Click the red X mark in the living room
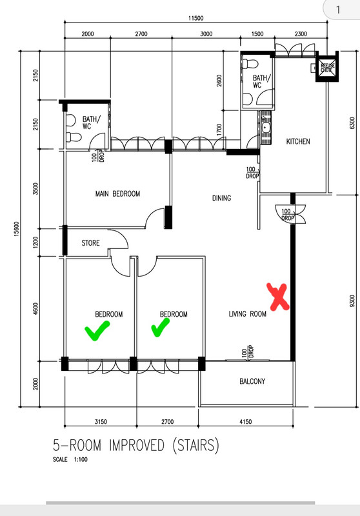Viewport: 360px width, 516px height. click(x=278, y=297)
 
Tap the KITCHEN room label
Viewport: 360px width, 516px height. click(x=298, y=141)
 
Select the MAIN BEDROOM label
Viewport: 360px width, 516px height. click(x=117, y=194)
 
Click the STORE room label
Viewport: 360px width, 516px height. click(x=90, y=243)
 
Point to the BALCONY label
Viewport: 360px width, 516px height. click(x=252, y=381)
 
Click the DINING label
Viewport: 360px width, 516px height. click(x=221, y=198)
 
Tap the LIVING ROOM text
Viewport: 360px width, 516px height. click(x=248, y=314)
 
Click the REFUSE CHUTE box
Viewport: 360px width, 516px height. click(x=328, y=68)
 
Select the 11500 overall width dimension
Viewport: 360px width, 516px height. click(x=195, y=19)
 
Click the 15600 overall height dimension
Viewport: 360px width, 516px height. click(x=17, y=229)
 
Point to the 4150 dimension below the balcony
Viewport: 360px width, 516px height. click(x=246, y=422)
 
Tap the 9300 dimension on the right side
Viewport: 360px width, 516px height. click(x=352, y=301)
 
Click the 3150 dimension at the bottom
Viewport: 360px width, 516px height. click(x=101, y=422)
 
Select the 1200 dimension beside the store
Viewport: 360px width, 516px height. click(x=36, y=243)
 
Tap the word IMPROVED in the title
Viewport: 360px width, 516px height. click(x=137, y=445)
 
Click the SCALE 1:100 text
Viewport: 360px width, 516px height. click(x=70, y=459)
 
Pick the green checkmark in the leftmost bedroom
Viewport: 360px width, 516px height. click(x=97, y=330)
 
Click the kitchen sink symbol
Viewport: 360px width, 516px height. click(x=266, y=128)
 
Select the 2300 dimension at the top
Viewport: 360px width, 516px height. click(x=301, y=34)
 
